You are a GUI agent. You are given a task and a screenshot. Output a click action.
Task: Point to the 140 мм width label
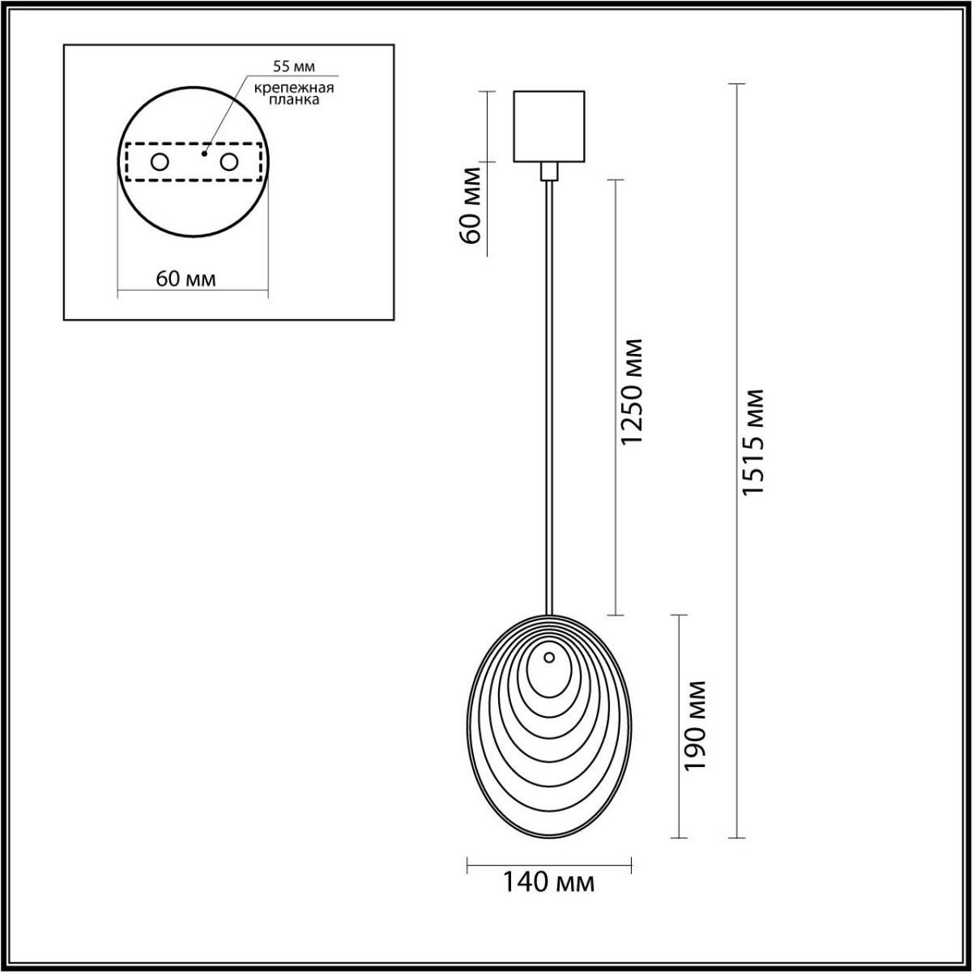(549, 882)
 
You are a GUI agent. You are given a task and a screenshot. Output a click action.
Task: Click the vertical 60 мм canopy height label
(471, 207)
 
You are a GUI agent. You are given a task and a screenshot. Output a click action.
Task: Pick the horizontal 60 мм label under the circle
(185, 279)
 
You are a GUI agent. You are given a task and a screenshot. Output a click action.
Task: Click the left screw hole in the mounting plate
(160, 162)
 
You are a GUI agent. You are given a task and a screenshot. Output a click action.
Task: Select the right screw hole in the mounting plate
(230, 162)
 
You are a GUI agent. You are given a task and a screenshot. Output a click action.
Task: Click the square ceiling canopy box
(549, 126)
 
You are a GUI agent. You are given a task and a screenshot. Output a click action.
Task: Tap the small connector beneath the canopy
(549, 171)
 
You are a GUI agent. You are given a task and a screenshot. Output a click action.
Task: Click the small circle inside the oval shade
(549, 658)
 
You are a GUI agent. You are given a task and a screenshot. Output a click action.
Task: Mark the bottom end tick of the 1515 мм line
(735, 837)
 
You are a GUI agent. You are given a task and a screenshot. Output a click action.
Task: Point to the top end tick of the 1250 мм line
(615, 179)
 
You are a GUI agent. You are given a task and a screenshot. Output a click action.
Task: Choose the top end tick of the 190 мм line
(678, 615)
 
